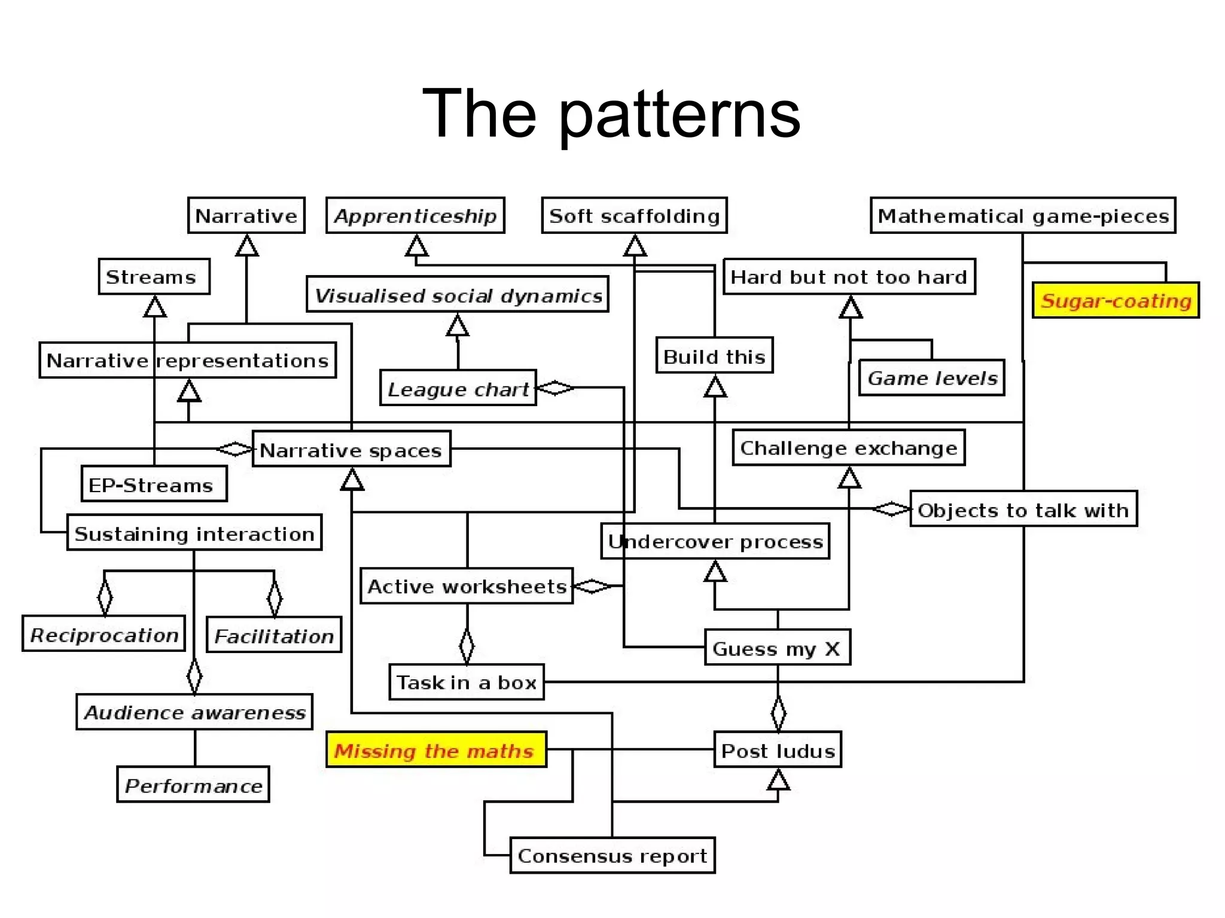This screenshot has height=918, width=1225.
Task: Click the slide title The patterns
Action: [611, 114]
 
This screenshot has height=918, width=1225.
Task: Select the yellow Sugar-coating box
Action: [1116, 300]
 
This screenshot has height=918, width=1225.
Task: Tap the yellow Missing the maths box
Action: [435, 750]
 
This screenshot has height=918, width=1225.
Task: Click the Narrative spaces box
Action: [351, 449]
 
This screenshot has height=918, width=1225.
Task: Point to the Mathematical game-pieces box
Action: [1023, 215]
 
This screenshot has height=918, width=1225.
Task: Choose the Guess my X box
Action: [777, 648]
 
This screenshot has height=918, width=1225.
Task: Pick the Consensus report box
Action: [612, 855]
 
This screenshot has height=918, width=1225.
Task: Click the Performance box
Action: [193, 785]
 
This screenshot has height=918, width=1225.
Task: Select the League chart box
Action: [458, 389]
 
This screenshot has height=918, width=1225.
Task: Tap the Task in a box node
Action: [467, 682]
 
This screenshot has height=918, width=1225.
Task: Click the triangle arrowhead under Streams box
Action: [155, 307]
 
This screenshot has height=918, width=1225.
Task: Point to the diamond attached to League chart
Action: [556, 388]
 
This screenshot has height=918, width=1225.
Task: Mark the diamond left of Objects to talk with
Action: [891, 510]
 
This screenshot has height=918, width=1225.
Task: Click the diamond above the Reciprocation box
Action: [105, 596]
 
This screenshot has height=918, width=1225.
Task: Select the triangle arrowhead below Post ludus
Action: [778, 780]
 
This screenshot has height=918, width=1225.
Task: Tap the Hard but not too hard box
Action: [849, 277]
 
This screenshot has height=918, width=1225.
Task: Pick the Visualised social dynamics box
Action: [458, 295]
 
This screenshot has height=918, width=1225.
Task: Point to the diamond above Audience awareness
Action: [194, 676]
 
